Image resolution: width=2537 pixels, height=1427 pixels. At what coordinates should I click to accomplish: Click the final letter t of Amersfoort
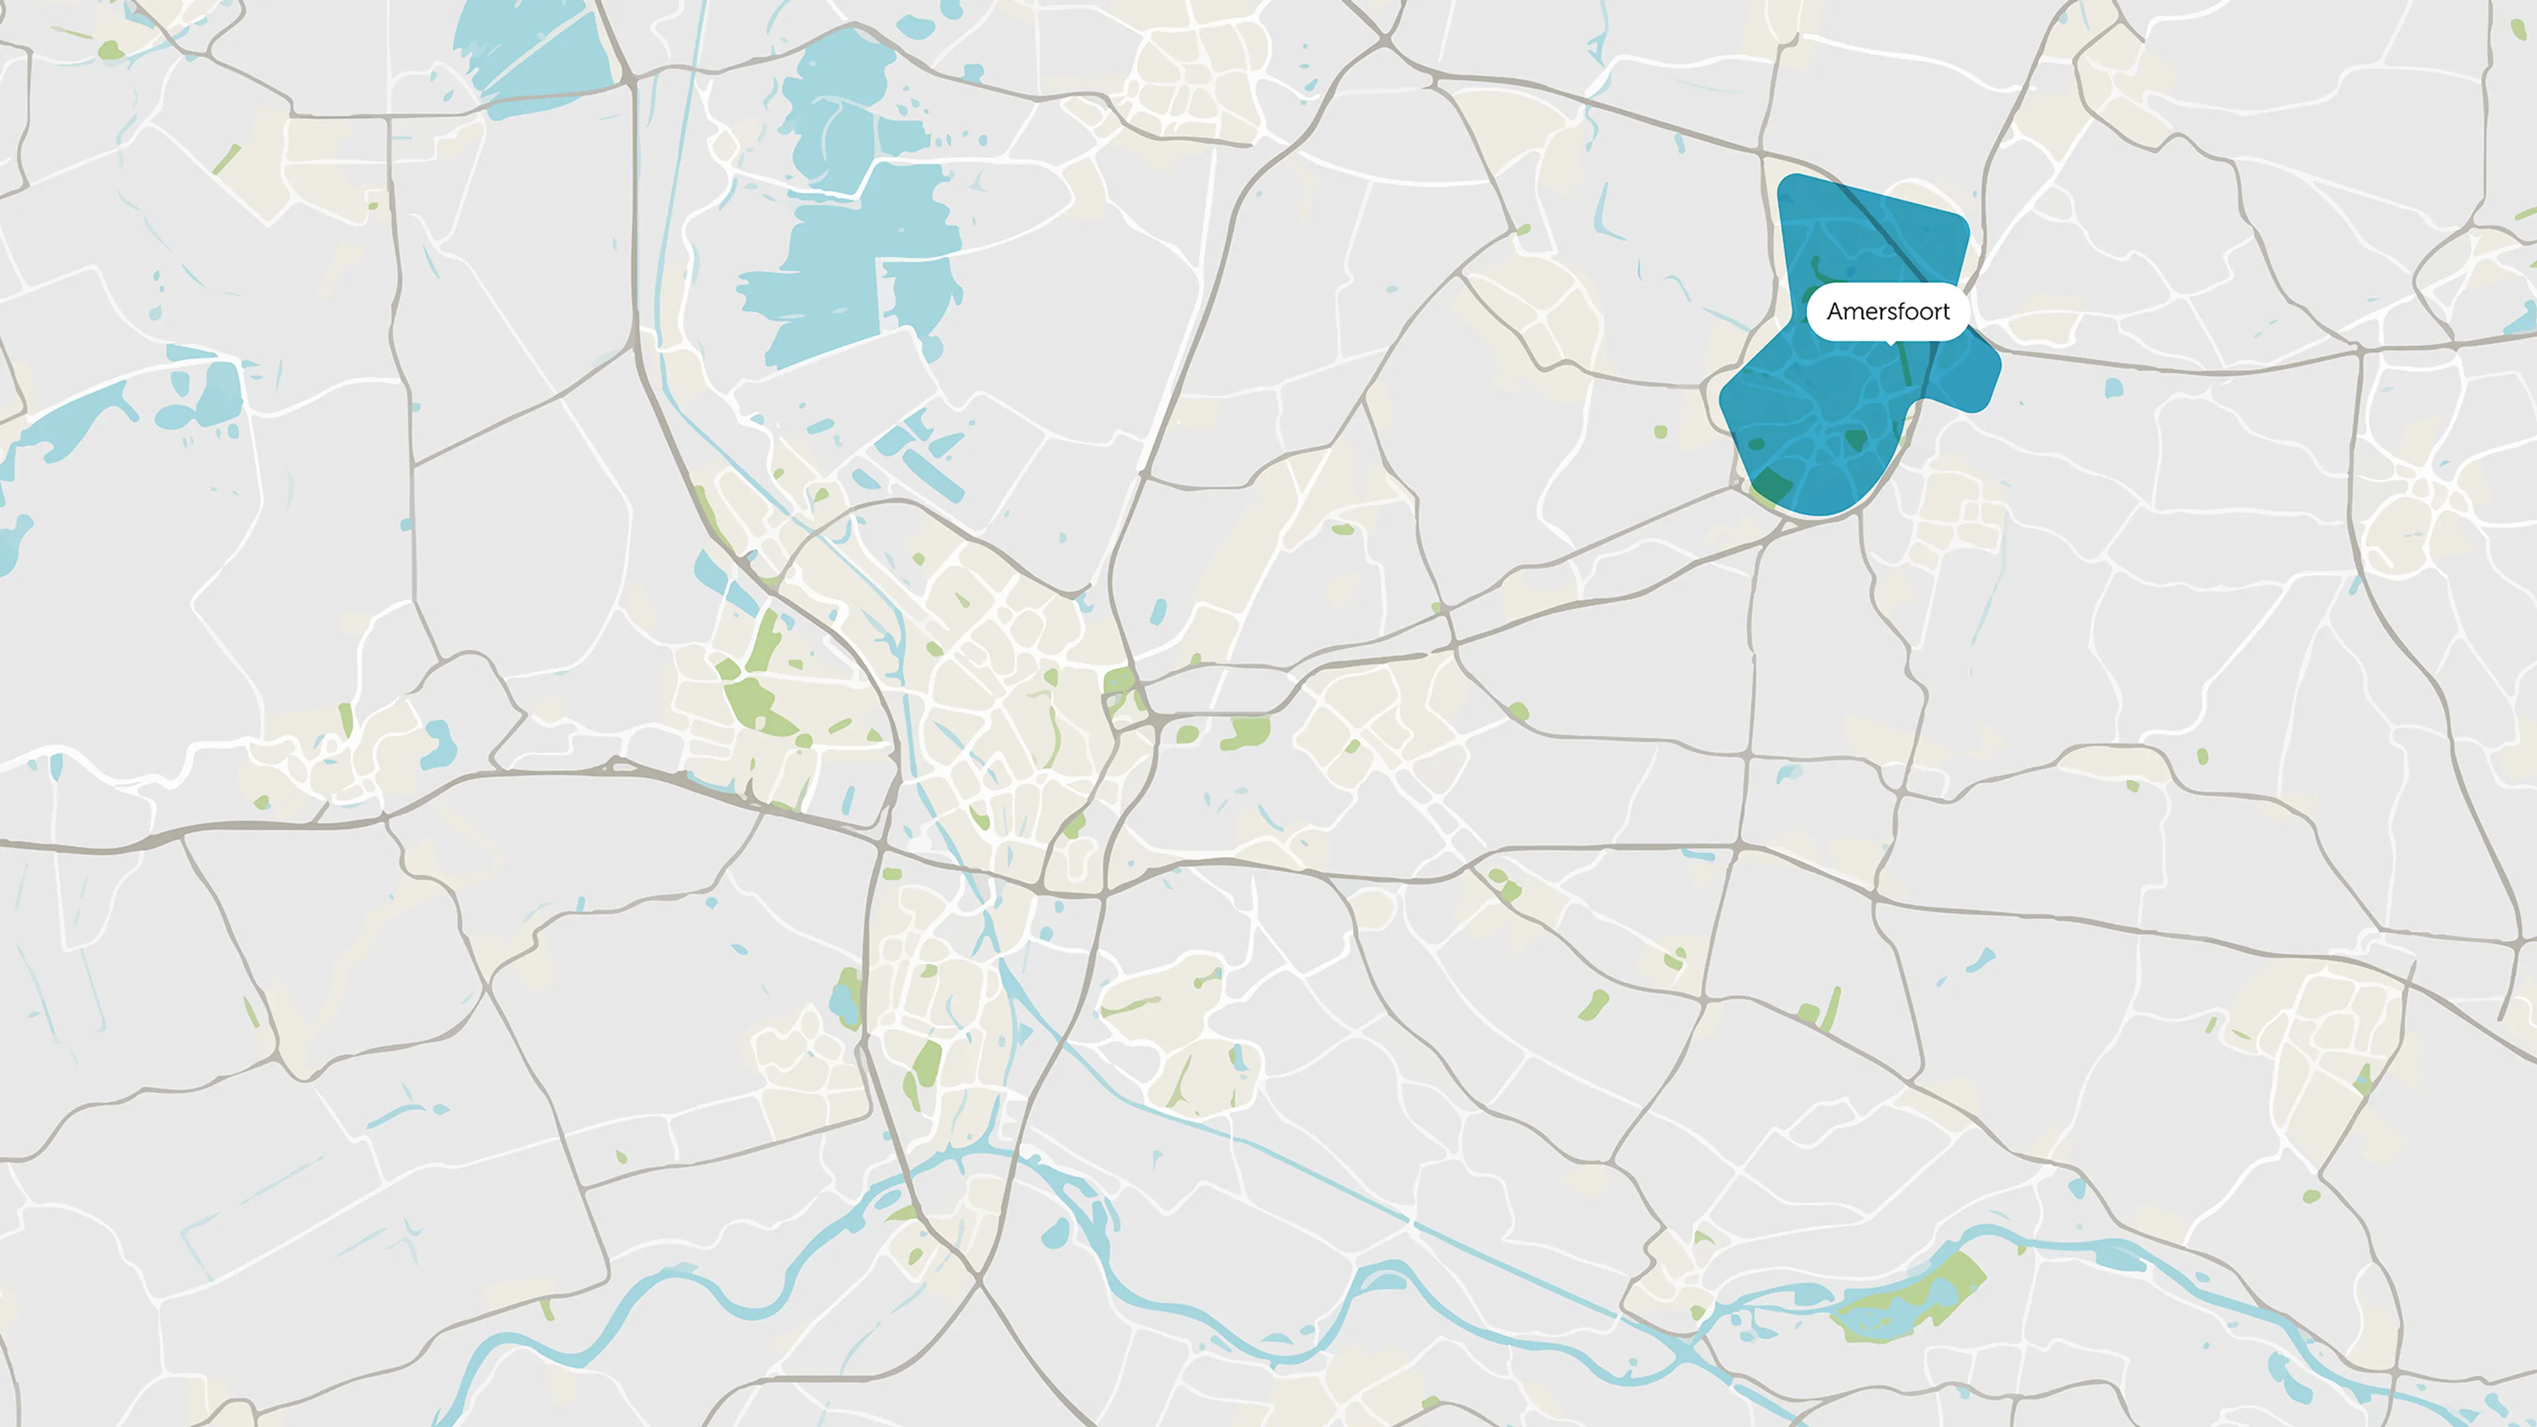tap(1945, 311)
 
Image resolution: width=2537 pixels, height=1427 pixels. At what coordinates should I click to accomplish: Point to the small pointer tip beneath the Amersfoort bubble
tap(1890, 343)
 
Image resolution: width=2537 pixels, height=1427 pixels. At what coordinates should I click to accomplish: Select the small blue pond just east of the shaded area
tap(2114, 388)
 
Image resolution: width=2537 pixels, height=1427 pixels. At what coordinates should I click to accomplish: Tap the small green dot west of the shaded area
tap(1660, 431)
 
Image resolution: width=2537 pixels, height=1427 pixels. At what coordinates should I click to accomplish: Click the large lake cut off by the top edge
tap(532, 54)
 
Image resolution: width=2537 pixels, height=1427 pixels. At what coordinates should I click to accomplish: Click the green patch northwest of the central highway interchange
tap(1119, 680)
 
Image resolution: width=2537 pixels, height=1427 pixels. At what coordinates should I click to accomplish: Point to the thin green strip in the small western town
tap(346, 719)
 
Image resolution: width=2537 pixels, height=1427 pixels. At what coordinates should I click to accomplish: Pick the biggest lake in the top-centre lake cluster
tap(847, 266)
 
